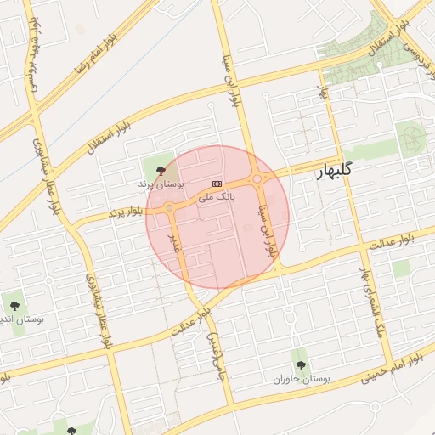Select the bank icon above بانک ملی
(217, 184)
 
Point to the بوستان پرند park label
(160, 184)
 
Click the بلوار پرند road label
(123, 212)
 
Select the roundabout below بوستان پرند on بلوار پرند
(170, 207)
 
